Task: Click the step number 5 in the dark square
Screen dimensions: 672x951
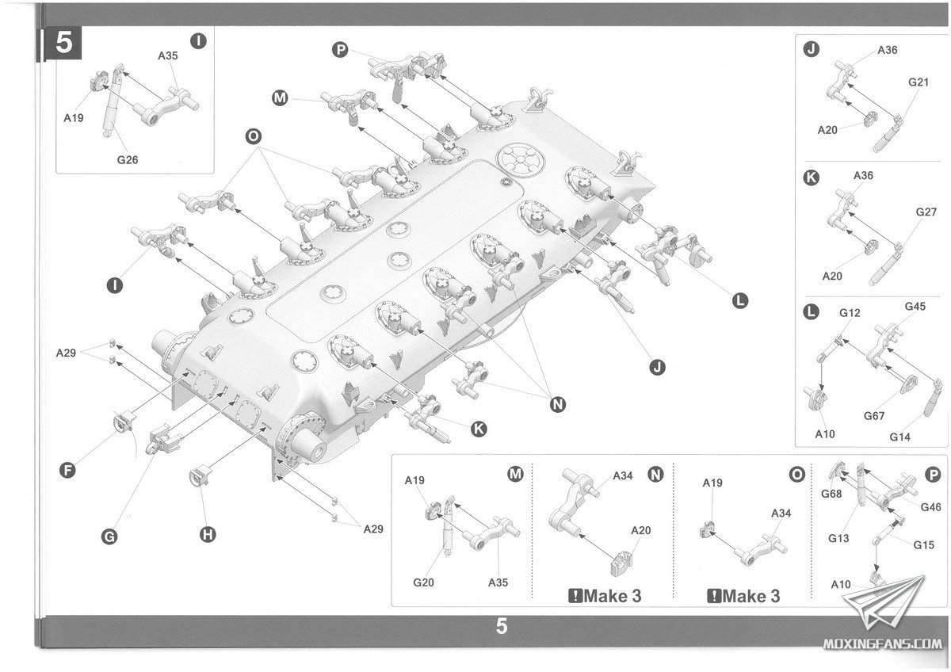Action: tap(64, 44)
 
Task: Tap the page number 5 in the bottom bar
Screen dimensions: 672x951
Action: tap(501, 626)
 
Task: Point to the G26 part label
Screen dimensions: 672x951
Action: tap(128, 158)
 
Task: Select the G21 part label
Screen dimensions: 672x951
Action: tap(919, 82)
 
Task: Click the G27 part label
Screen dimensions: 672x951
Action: tap(926, 212)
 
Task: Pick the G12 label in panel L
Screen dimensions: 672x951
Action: tap(850, 313)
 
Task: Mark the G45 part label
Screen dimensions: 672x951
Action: tap(915, 307)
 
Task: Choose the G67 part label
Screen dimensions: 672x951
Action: tap(874, 415)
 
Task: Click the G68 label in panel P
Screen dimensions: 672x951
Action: tap(831, 494)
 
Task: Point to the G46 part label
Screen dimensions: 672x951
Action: tap(930, 508)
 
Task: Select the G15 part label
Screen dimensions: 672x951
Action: tap(923, 545)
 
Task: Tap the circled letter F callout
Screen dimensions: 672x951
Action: tap(68, 471)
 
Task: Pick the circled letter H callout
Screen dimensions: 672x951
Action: tap(208, 535)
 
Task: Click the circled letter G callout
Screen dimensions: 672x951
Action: tap(109, 536)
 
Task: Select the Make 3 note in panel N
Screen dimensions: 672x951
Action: tap(605, 596)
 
